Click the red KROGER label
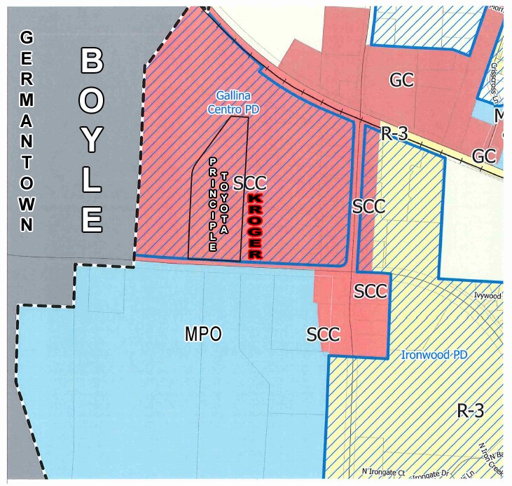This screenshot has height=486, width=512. pos(255,227)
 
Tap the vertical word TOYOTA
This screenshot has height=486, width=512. pos(225,203)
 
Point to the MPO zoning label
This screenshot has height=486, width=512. pos(203,335)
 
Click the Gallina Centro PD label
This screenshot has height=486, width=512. pos(229,102)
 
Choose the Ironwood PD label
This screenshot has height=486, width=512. pos(434,355)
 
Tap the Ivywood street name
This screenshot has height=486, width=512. pos(487,296)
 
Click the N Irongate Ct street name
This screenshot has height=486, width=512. pos(382,472)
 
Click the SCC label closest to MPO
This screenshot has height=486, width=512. pos(324,335)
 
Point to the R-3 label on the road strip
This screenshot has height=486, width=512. pos(394,134)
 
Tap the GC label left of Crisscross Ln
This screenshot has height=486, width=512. pos(401,80)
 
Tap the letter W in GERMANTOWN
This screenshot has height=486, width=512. pos(27,208)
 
